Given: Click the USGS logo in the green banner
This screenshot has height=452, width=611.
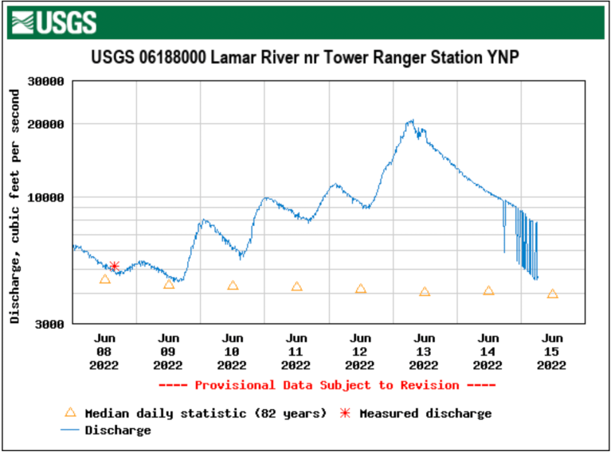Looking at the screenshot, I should [x=55, y=22].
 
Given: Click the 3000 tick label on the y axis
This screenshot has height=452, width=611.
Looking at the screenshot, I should [x=50, y=324].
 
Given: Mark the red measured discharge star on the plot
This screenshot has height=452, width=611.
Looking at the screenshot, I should [x=114, y=267].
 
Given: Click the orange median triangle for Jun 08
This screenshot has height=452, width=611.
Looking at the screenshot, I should [x=105, y=279].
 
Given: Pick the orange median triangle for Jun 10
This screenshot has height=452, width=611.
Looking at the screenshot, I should [x=233, y=285].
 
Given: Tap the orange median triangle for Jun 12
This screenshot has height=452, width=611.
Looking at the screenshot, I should [x=361, y=289].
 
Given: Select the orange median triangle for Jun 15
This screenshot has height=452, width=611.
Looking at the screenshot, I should [x=553, y=294].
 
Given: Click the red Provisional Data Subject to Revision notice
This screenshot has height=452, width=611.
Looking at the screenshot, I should [x=327, y=385].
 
